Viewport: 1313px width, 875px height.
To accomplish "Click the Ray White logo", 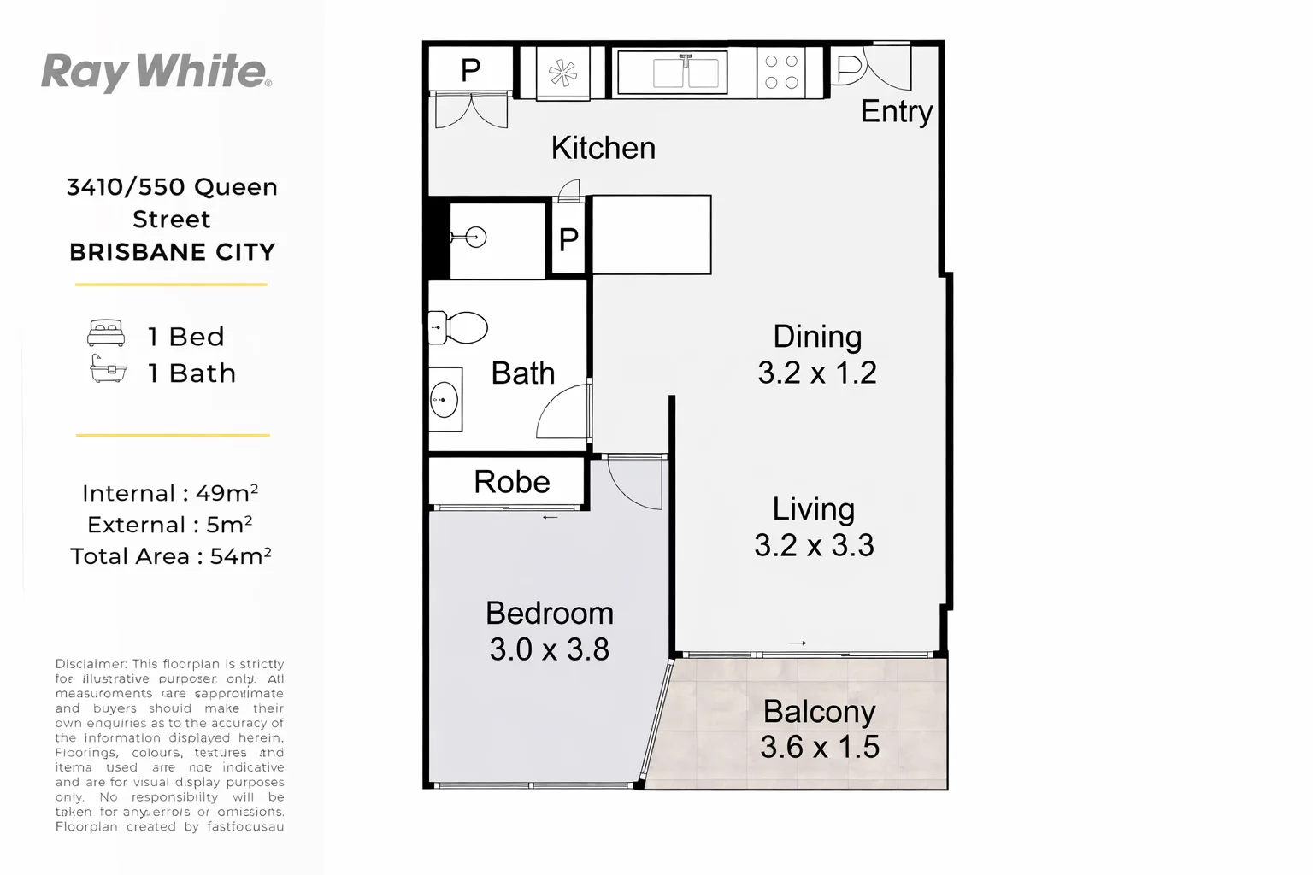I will [x=156, y=72].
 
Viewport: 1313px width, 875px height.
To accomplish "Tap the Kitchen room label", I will [x=603, y=148].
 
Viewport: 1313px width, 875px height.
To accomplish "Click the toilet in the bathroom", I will [x=460, y=327].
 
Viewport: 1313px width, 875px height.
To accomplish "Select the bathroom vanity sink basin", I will [x=444, y=400].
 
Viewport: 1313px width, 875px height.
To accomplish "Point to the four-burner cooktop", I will [x=781, y=72].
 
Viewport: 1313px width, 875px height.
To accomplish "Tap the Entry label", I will [x=896, y=111].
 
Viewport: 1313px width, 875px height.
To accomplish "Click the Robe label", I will [x=511, y=482].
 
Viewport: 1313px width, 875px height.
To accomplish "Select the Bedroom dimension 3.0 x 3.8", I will [x=549, y=649].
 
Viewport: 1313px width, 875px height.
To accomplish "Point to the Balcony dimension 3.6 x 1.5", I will [x=819, y=747].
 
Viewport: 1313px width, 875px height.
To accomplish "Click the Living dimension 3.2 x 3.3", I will [x=814, y=545].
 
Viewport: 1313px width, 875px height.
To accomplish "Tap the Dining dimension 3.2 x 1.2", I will [x=816, y=373].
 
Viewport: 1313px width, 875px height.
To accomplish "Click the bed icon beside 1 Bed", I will [x=106, y=333].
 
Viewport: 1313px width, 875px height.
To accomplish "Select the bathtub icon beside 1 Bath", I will [x=108, y=370].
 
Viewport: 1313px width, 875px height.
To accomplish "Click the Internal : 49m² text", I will [x=170, y=493].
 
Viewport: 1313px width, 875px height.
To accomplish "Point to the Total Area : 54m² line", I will [x=170, y=556].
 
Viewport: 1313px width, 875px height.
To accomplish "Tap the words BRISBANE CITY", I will [x=172, y=252].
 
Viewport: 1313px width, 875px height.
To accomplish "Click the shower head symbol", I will [x=473, y=238].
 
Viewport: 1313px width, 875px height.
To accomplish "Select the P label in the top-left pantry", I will [x=470, y=70].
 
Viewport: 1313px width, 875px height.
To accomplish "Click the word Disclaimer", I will [x=90, y=664].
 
